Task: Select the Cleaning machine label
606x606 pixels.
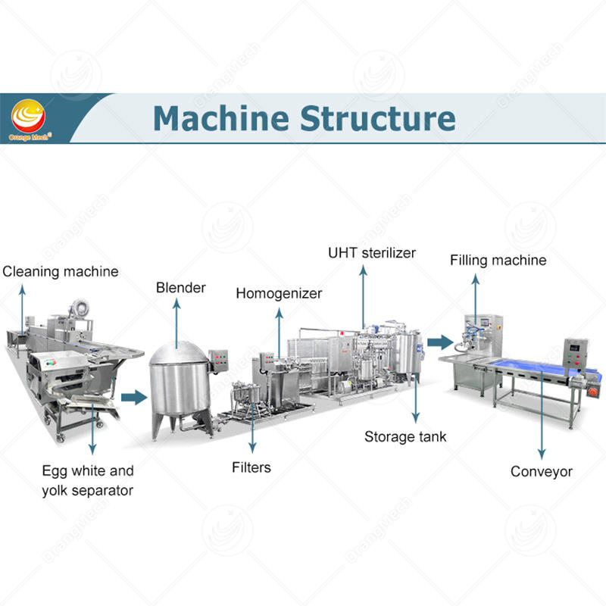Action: [x=61, y=271]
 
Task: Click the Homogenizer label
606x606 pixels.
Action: [x=279, y=293]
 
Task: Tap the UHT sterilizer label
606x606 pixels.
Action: [x=371, y=252]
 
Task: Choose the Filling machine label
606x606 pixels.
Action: [x=498, y=261]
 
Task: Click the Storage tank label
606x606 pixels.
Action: [x=405, y=436]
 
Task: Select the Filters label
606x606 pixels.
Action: [x=251, y=467]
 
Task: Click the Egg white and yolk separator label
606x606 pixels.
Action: [x=87, y=480]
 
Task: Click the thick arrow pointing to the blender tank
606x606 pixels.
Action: [x=134, y=396]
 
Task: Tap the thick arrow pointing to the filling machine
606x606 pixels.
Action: [x=438, y=342]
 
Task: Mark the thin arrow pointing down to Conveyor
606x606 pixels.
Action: [x=541, y=424]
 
